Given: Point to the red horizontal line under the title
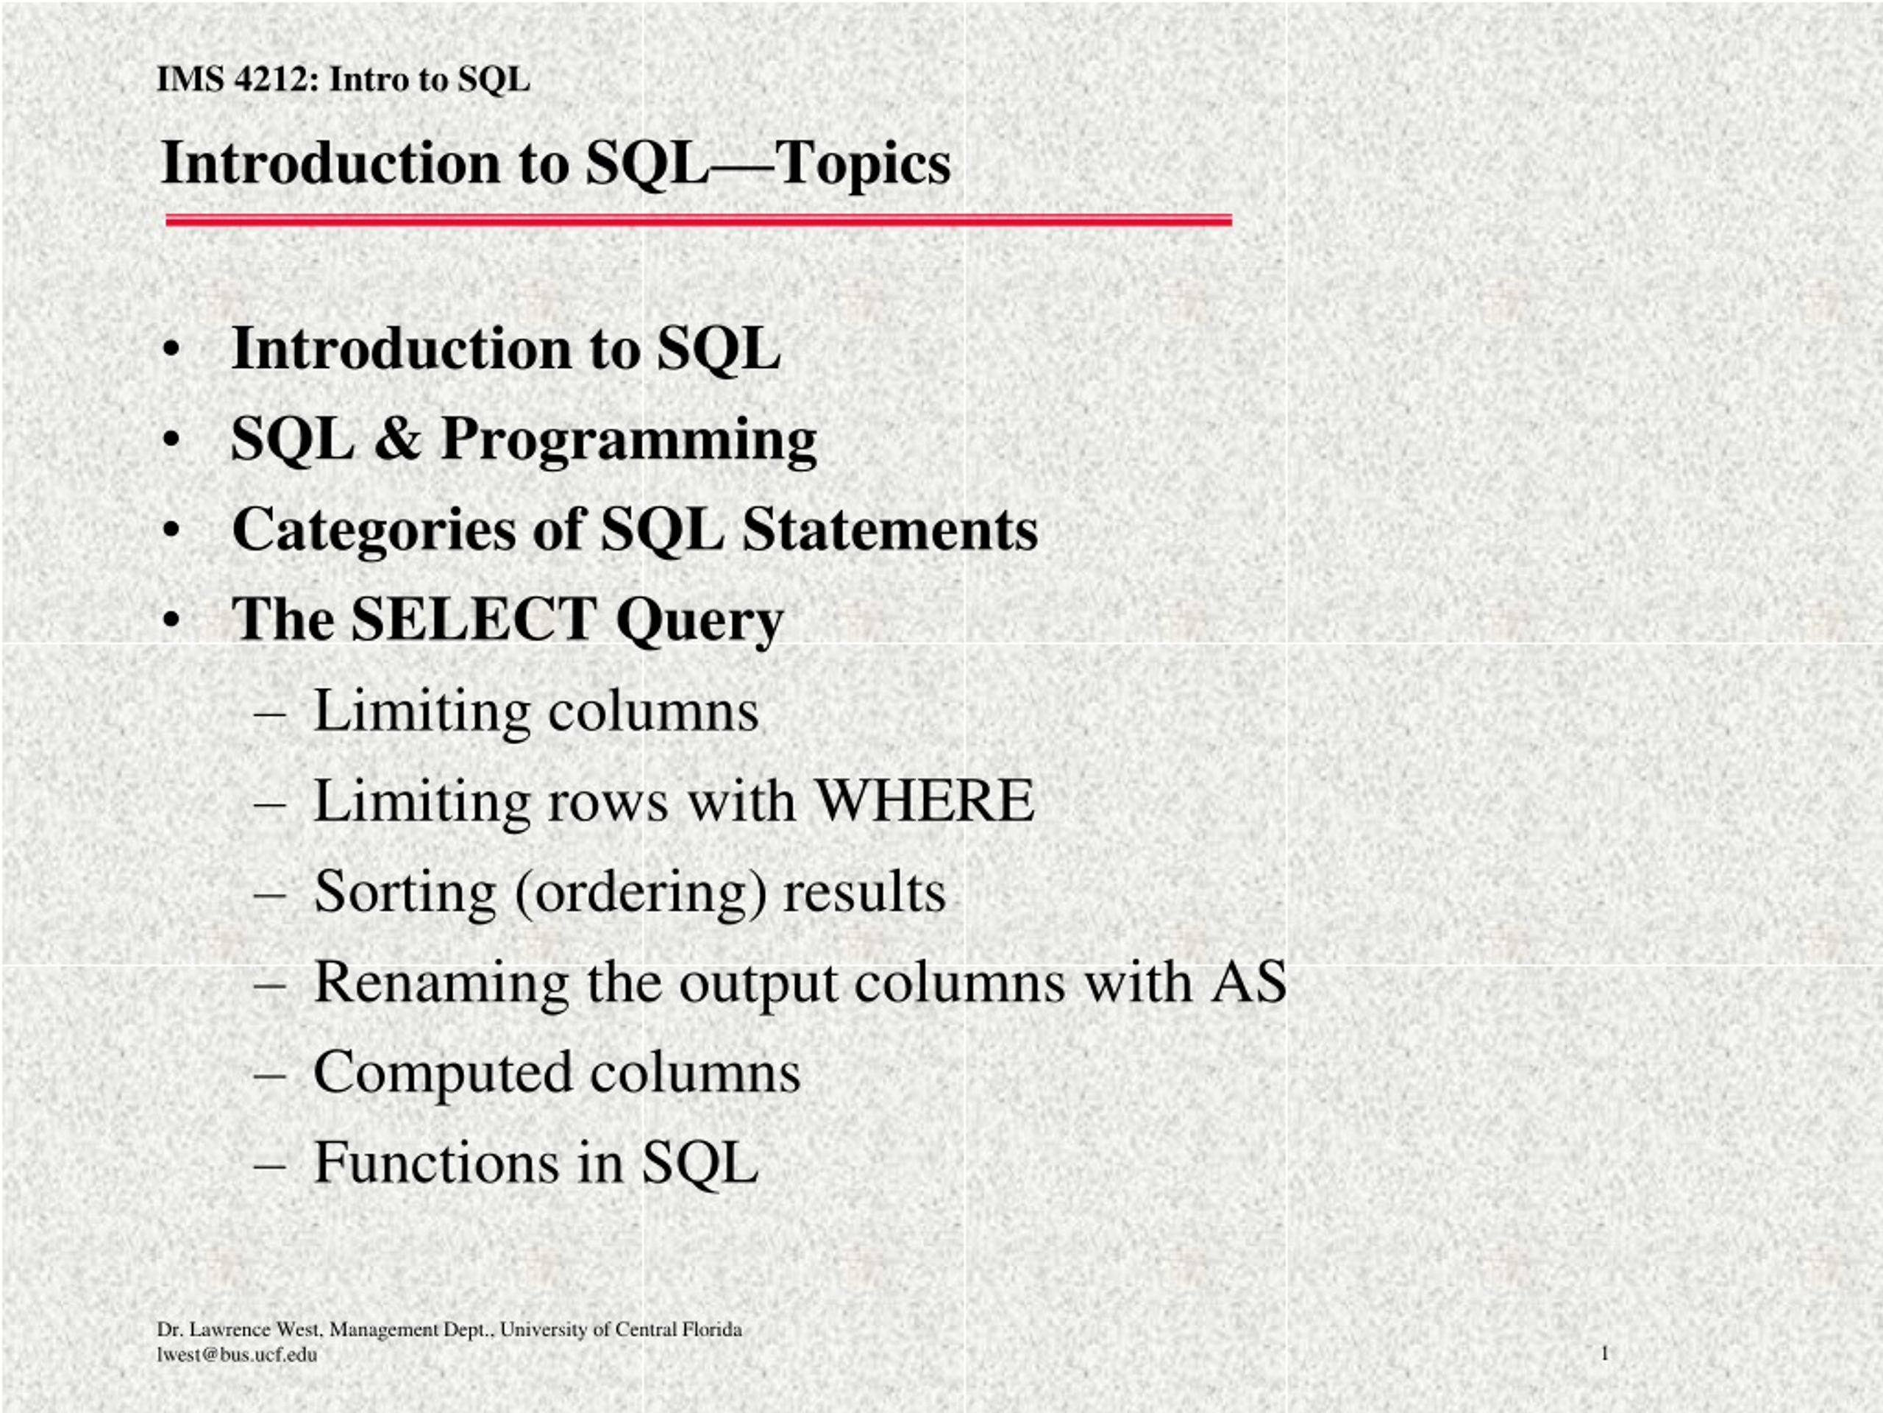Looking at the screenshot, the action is click(x=698, y=221).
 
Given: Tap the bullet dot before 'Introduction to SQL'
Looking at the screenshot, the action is click(x=173, y=350).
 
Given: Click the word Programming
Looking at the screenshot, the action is click(x=628, y=441).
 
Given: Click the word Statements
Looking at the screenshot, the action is click(x=889, y=529).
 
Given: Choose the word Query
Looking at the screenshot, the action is click(x=699, y=622).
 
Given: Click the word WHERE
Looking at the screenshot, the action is click(x=925, y=801).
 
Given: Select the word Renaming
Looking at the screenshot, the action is click(x=441, y=984).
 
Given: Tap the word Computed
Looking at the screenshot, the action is click(x=443, y=1074).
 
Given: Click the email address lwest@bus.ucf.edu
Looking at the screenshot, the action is click(x=237, y=1355).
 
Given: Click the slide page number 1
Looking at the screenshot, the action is click(x=1605, y=1353).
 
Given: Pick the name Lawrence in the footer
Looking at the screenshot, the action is click(x=228, y=1330).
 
